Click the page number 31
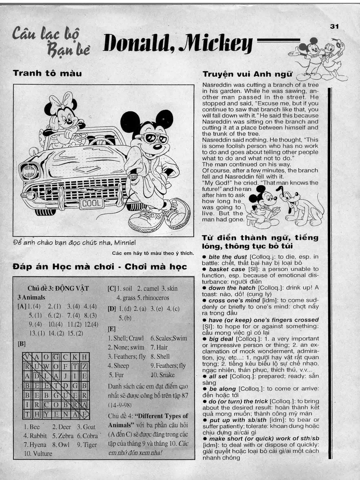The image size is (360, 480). [334, 26]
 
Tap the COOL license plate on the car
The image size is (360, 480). [92, 203]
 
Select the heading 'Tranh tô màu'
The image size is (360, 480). [48, 74]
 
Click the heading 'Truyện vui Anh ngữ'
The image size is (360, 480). [248, 74]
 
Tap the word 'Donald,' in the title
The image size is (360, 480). [136, 44]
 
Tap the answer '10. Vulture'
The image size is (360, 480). [38, 454]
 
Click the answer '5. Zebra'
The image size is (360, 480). [63, 436]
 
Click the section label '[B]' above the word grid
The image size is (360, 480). [22, 344]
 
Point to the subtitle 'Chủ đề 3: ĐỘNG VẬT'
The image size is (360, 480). [58, 288]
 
